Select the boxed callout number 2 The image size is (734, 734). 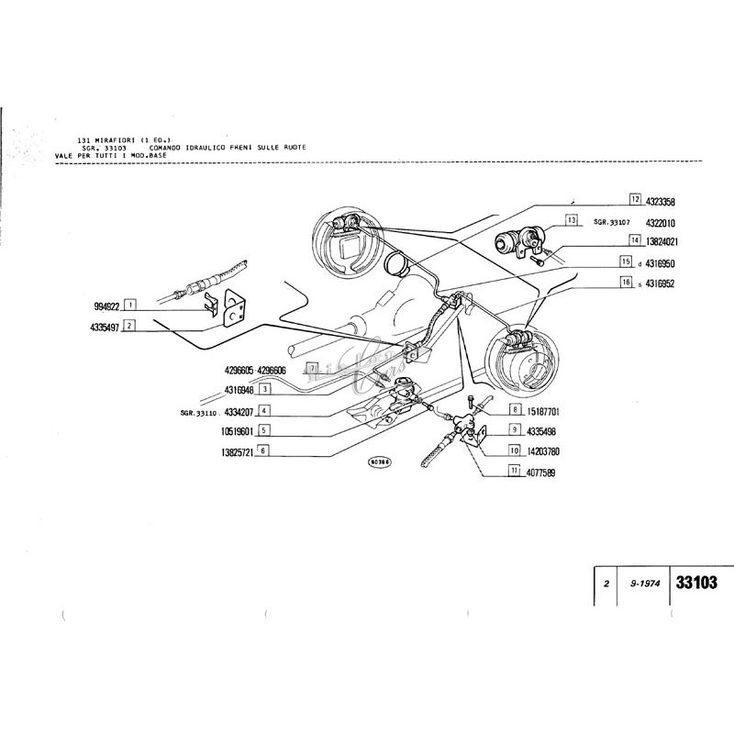pyautogui.click(x=131, y=325)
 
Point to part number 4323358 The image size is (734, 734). pyautogui.click(x=660, y=200)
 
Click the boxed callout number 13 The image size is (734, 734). pyautogui.click(x=571, y=220)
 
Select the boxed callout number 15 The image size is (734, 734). pyautogui.click(x=626, y=261)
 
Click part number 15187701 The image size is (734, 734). pyautogui.click(x=540, y=410)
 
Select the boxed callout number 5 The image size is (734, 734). pyautogui.click(x=263, y=430)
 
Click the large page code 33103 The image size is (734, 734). pyautogui.click(x=695, y=582)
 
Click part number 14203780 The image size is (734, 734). pyautogui.click(x=540, y=450)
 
